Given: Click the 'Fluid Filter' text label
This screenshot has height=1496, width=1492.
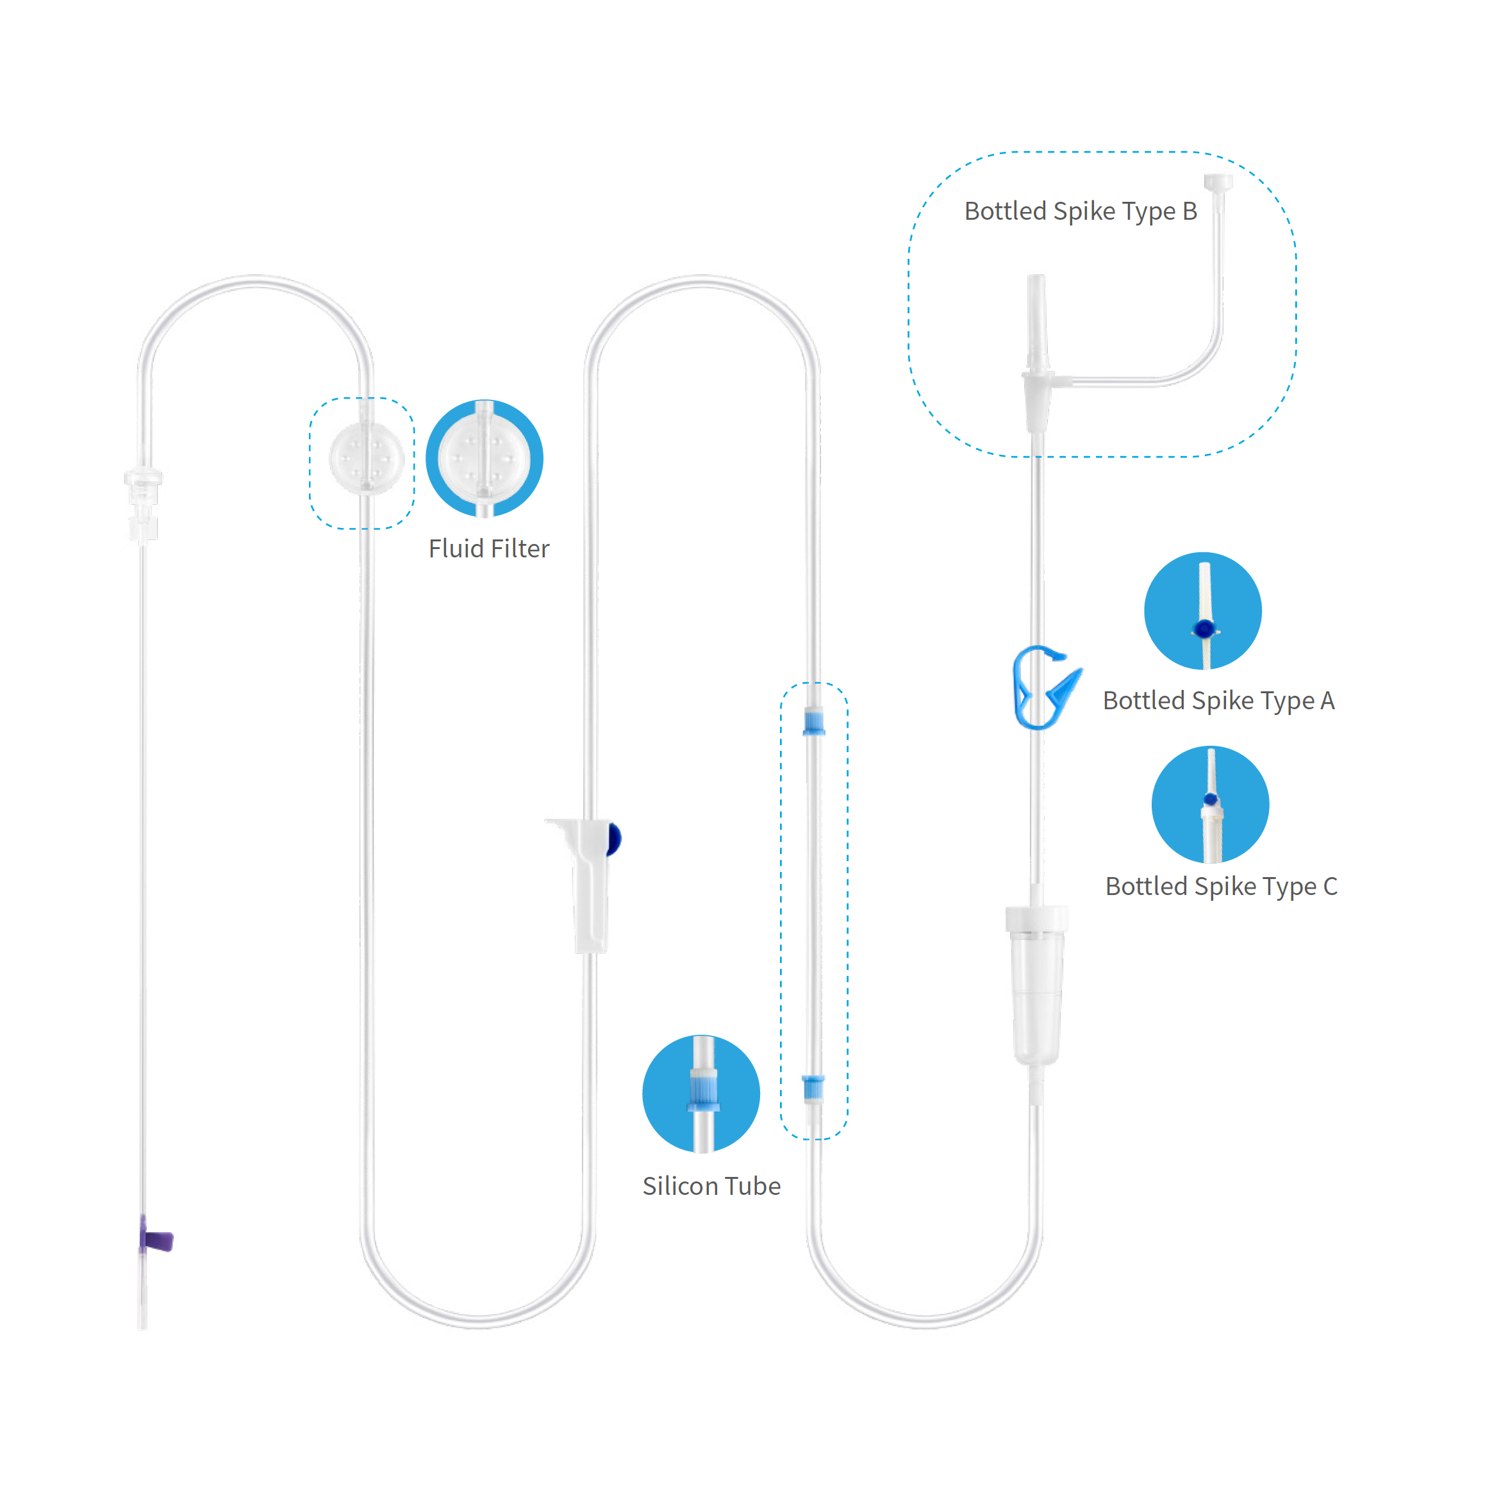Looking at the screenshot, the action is pyautogui.click(x=489, y=548).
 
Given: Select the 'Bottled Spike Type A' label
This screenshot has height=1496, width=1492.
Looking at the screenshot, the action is pyautogui.click(x=1218, y=701).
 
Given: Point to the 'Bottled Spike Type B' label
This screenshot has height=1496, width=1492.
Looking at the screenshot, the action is pyautogui.click(x=1081, y=211).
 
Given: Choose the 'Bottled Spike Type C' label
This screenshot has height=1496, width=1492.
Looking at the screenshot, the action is pyautogui.click(x=1222, y=887).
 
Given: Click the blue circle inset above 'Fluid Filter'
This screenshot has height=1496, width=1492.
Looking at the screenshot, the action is pyautogui.click(x=485, y=458).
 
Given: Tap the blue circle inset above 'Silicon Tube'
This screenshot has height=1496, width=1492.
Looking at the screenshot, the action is pyautogui.click(x=701, y=1094).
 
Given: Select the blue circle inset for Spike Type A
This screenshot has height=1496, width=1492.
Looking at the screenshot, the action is pyautogui.click(x=1203, y=611).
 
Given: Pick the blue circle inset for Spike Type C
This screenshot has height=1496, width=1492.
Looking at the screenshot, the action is pyautogui.click(x=1210, y=805).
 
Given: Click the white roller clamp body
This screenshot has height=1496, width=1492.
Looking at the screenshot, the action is pyautogui.click(x=586, y=885).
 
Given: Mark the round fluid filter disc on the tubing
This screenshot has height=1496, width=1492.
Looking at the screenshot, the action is pyautogui.click(x=367, y=457).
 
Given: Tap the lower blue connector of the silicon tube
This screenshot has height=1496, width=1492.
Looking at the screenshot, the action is pyautogui.click(x=813, y=1087).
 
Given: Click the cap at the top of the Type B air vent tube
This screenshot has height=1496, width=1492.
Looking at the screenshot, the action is pyautogui.click(x=1218, y=183).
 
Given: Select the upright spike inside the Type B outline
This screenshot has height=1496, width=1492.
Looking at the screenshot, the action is pyautogui.click(x=1037, y=352).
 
